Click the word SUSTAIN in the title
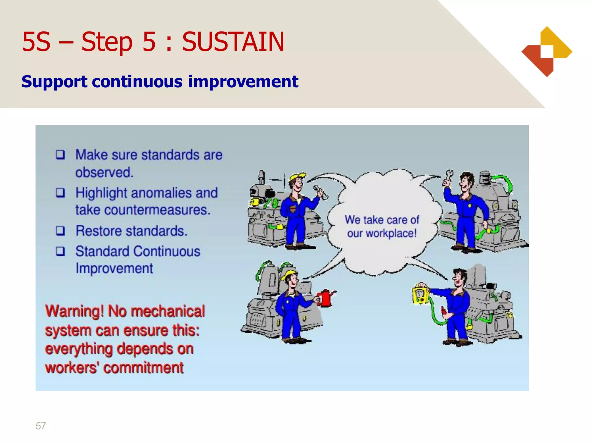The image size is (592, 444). [233, 42]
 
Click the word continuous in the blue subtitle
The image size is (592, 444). [137, 82]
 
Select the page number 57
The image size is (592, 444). [41, 426]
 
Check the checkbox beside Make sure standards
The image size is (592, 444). [60, 155]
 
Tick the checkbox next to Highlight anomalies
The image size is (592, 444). [60, 193]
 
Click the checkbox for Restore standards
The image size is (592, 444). [60, 231]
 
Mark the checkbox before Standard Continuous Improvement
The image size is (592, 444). [60, 251]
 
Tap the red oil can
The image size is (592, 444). [325, 298]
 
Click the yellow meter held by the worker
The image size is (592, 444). [420, 294]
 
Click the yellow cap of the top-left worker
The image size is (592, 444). [297, 177]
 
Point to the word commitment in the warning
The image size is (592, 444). [143, 368]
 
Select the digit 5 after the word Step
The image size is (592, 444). [149, 42]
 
